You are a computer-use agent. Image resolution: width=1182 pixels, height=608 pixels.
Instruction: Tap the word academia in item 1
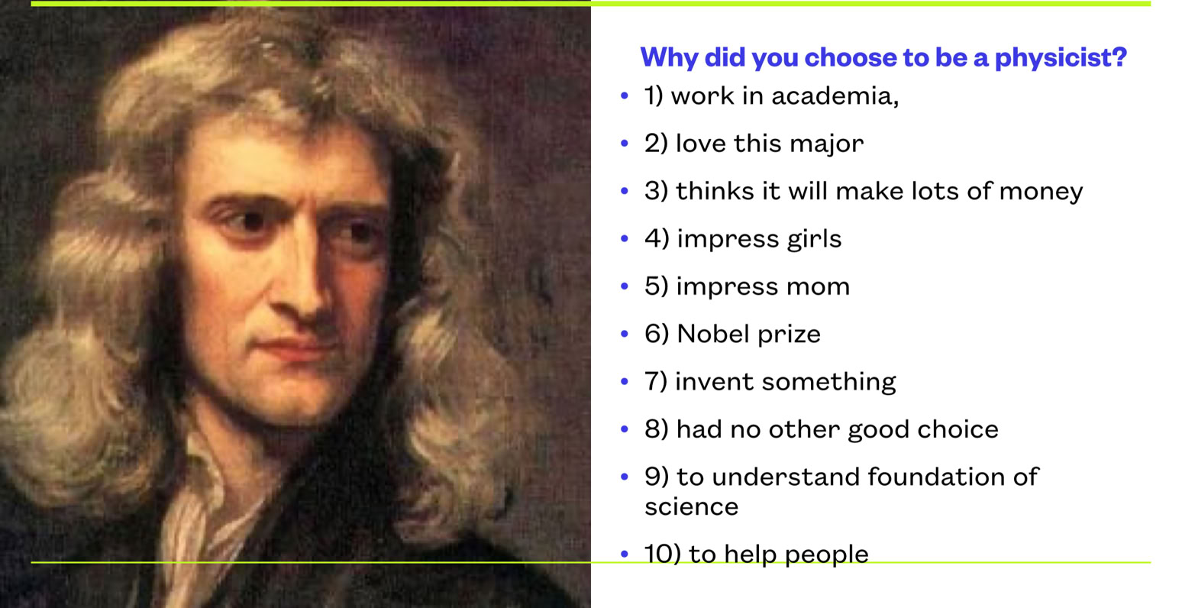click(x=835, y=96)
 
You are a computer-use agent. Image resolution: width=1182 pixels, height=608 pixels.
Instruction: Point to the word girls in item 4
click(x=814, y=238)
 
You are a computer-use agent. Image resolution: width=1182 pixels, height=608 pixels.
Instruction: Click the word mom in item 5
click(x=818, y=287)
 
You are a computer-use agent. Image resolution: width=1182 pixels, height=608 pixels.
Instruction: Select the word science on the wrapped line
click(x=691, y=506)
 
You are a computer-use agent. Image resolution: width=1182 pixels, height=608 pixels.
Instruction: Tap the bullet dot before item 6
click(x=625, y=334)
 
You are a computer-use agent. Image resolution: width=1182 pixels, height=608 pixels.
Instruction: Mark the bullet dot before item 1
click(x=625, y=95)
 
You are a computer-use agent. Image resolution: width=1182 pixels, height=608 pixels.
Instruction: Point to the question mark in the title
click(x=1119, y=57)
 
